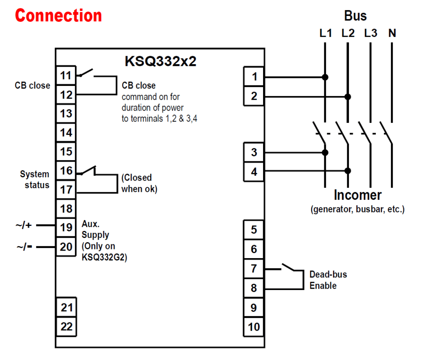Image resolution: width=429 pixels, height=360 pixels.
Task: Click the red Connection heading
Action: (x=58, y=16)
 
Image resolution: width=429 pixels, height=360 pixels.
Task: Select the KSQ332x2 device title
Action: (x=160, y=61)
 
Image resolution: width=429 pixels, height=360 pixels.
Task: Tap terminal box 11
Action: (x=66, y=76)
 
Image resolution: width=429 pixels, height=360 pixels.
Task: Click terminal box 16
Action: (x=66, y=171)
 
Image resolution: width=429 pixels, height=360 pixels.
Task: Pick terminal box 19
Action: (x=66, y=228)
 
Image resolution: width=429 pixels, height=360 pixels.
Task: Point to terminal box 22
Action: (x=66, y=326)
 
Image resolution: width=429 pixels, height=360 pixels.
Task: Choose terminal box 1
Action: (x=254, y=77)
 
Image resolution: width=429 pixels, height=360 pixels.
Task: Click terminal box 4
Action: (x=254, y=171)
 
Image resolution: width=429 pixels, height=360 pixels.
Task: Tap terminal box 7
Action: (x=254, y=268)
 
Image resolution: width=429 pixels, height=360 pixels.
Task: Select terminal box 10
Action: (x=254, y=326)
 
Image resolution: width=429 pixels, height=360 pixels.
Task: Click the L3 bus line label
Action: (x=370, y=33)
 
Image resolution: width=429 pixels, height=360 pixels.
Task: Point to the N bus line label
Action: (x=392, y=33)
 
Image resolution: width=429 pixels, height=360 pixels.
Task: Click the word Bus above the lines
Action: (x=355, y=16)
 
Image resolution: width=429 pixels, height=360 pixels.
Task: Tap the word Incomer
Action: (x=357, y=195)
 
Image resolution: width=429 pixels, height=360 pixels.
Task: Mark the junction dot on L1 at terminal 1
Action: (x=325, y=77)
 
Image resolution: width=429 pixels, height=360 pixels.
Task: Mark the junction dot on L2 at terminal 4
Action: (x=347, y=171)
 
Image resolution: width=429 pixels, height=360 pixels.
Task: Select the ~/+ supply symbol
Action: (x=24, y=225)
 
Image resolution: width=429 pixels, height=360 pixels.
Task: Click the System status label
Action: (x=35, y=179)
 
